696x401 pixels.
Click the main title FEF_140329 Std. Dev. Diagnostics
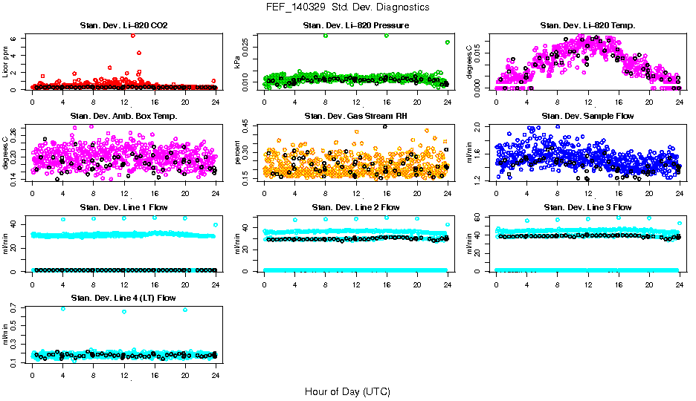point(347,7)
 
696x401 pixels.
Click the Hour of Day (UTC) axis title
point(347,391)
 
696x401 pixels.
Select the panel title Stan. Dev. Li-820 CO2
point(123,26)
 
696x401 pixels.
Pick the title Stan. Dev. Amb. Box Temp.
point(123,116)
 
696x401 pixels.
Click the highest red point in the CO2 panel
point(132,35)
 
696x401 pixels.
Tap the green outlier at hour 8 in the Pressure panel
point(325,36)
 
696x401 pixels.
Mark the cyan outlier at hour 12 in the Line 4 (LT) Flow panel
point(123,311)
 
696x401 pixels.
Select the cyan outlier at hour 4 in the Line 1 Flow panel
point(63,219)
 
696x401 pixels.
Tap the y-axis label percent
point(239,153)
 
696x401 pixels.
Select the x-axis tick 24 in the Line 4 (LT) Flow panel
point(215,374)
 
